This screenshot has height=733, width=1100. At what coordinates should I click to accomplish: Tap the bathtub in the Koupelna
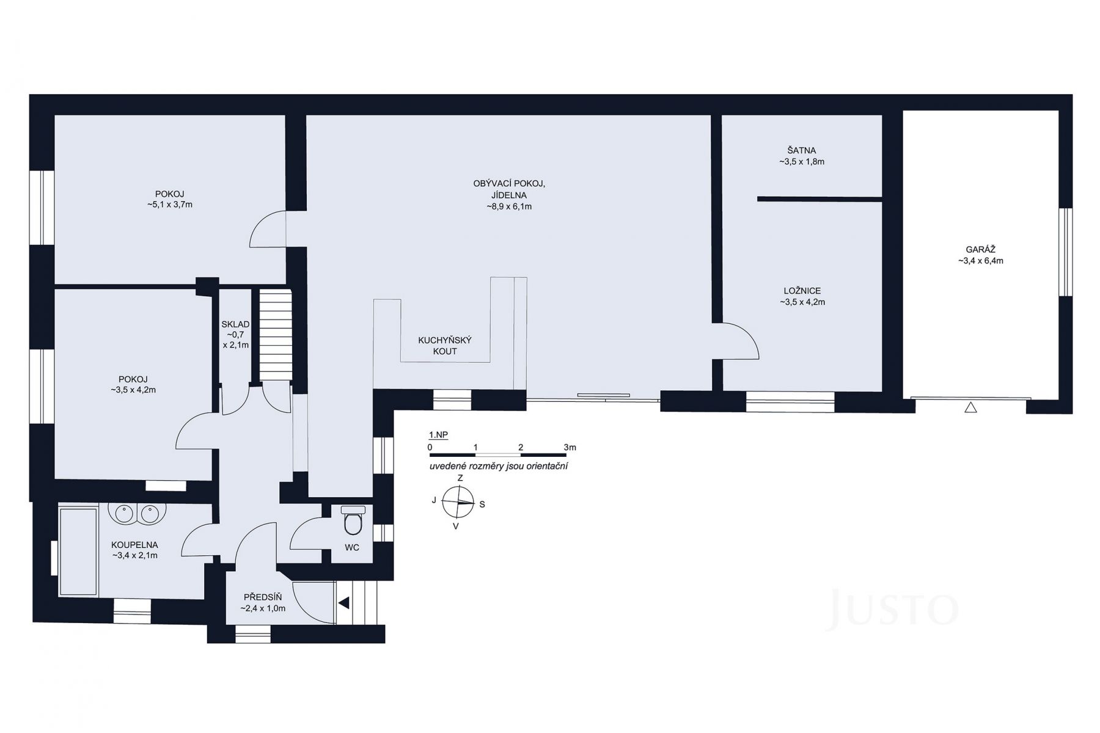78,550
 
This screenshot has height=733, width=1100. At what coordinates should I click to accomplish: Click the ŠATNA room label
801,150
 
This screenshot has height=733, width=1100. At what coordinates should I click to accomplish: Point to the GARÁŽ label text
980,249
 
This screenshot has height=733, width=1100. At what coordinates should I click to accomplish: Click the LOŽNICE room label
802,291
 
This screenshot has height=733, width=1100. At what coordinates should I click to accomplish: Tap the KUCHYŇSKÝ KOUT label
444,346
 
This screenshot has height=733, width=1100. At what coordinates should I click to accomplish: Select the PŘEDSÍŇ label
263,597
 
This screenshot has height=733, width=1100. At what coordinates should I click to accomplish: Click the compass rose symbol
458,502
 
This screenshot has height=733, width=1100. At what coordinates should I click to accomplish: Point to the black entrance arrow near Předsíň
345,603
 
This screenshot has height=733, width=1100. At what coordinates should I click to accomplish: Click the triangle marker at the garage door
970,407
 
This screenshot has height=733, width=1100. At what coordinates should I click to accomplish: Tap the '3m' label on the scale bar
570,448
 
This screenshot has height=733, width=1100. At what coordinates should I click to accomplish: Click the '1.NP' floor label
438,435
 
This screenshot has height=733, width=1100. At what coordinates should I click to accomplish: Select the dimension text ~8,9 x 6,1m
508,206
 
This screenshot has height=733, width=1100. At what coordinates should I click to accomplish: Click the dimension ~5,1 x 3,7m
170,205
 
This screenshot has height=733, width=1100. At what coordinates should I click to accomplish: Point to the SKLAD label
235,324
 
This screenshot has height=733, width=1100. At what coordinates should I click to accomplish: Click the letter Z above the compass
460,478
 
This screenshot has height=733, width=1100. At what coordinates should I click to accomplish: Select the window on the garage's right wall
1065,252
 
